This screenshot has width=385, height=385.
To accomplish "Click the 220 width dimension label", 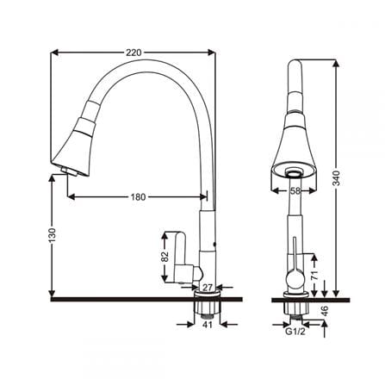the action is (x=134, y=53).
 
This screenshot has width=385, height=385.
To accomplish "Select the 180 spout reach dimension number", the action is (x=139, y=197).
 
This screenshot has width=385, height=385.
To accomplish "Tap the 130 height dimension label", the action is (x=52, y=235).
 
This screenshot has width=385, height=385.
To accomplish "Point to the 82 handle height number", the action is (x=165, y=257).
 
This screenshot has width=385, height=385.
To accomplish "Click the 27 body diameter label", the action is (x=208, y=287).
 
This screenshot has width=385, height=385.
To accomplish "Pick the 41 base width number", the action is (x=208, y=325).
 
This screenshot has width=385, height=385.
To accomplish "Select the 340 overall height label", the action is (x=336, y=178).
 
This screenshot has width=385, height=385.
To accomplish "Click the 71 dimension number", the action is (x=314, y=275).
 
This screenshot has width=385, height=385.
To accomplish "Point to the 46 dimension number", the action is (x=325, y=311).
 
